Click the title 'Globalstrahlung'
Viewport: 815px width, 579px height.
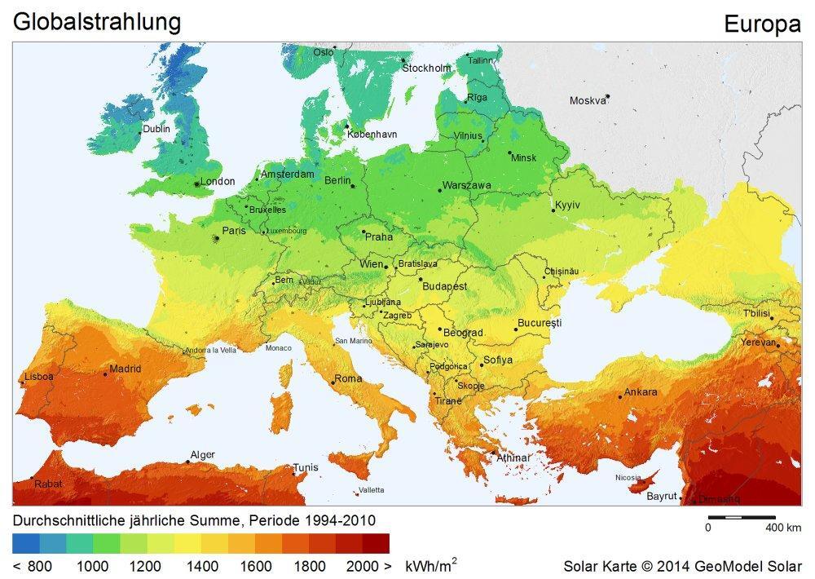point(96,22)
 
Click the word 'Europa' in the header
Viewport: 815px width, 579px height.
point(762,25)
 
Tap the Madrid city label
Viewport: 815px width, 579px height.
point(125,369)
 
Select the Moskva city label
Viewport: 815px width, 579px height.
point(588,101)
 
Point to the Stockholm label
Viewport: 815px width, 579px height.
point(426,68)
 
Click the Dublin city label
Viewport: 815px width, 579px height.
point(156,129)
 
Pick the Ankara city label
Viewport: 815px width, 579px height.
point(641,392)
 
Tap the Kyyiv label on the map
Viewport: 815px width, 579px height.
point(567,205)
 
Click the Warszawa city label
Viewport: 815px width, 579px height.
point(466,186)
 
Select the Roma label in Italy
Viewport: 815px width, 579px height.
point(348,379)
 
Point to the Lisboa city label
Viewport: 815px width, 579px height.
point(38,377)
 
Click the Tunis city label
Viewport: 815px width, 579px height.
point(306,467)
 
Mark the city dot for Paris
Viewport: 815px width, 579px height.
point(216,238)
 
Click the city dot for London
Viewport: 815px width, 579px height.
point(196,184)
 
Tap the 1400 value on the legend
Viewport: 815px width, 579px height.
point(202,565)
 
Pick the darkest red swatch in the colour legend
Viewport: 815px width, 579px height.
point(376,543)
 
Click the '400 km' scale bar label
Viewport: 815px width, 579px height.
point(784,528)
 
